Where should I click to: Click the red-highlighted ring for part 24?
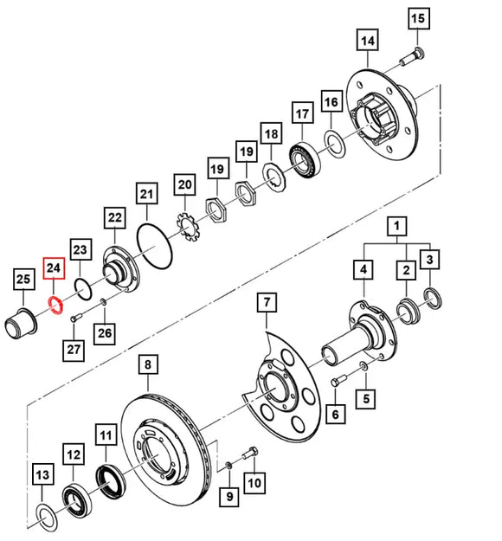(x=53, y=305)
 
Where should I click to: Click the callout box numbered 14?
(x=367, y=40)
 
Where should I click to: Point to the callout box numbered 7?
(x=266, y=303)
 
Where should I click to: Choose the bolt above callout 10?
(x=252, y=453)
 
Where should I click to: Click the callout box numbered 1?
(x=396, y=228)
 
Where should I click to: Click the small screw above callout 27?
(x=74, y=318)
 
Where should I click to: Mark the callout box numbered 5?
(x=367, y=399)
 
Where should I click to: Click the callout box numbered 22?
(x=114, y=218)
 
